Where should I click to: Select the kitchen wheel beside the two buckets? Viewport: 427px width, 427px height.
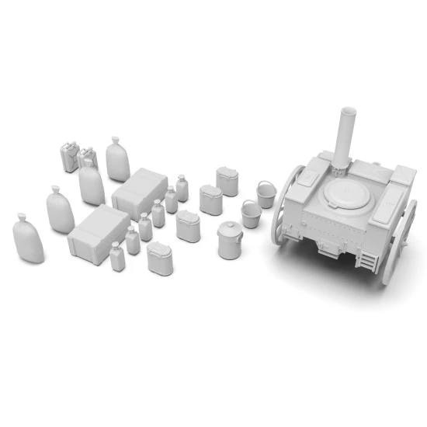285,203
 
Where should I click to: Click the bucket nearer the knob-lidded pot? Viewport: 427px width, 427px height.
251,213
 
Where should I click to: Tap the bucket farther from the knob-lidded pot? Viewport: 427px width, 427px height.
266,193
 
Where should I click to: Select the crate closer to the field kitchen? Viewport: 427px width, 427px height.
140,191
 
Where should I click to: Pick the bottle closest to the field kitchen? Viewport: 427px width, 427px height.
182,188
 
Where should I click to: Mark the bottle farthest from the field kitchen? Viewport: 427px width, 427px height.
117,256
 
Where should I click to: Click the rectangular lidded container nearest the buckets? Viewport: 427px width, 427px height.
228,181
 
